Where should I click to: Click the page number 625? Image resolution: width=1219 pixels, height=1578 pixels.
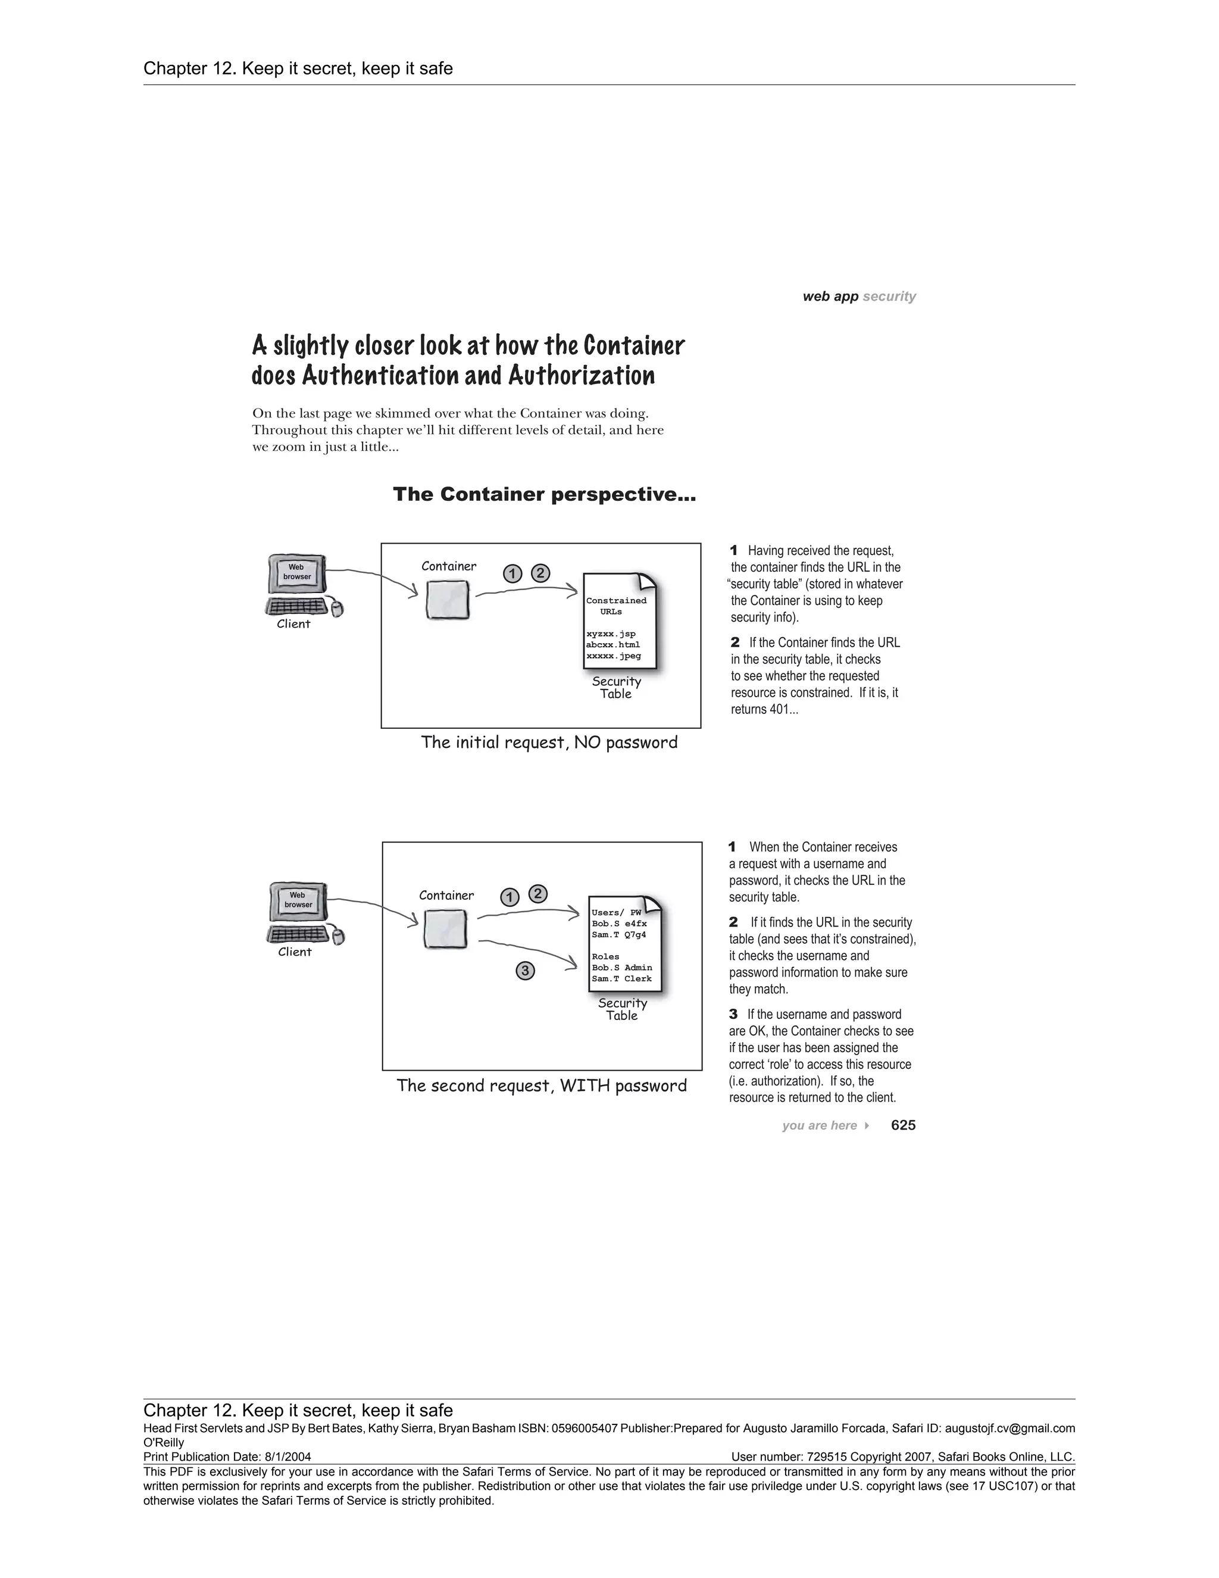[903, 1125]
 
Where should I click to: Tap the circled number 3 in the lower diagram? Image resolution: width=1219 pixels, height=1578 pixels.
[525, 971]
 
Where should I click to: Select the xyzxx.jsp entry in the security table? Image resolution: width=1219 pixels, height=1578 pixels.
[611, 634]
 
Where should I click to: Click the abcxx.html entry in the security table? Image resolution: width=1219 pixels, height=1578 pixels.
[613, 644]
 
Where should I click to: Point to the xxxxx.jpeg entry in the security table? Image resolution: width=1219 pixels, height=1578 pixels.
[613, 656]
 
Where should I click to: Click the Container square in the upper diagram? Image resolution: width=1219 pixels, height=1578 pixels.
[447, 600]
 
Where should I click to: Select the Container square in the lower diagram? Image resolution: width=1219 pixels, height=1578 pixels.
[445, 928]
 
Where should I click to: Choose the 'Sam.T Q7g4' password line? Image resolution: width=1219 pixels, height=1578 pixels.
[619, 934]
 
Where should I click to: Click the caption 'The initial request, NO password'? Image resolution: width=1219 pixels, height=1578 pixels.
[549, 742]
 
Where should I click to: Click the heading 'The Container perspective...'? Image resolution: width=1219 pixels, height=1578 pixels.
[544, 494]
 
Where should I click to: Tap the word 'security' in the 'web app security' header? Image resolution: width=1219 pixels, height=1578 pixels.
[889, 296]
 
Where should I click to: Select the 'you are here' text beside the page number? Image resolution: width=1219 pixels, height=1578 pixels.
[819, 1125]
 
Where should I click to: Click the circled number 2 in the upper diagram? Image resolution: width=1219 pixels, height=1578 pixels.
[540, 573]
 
